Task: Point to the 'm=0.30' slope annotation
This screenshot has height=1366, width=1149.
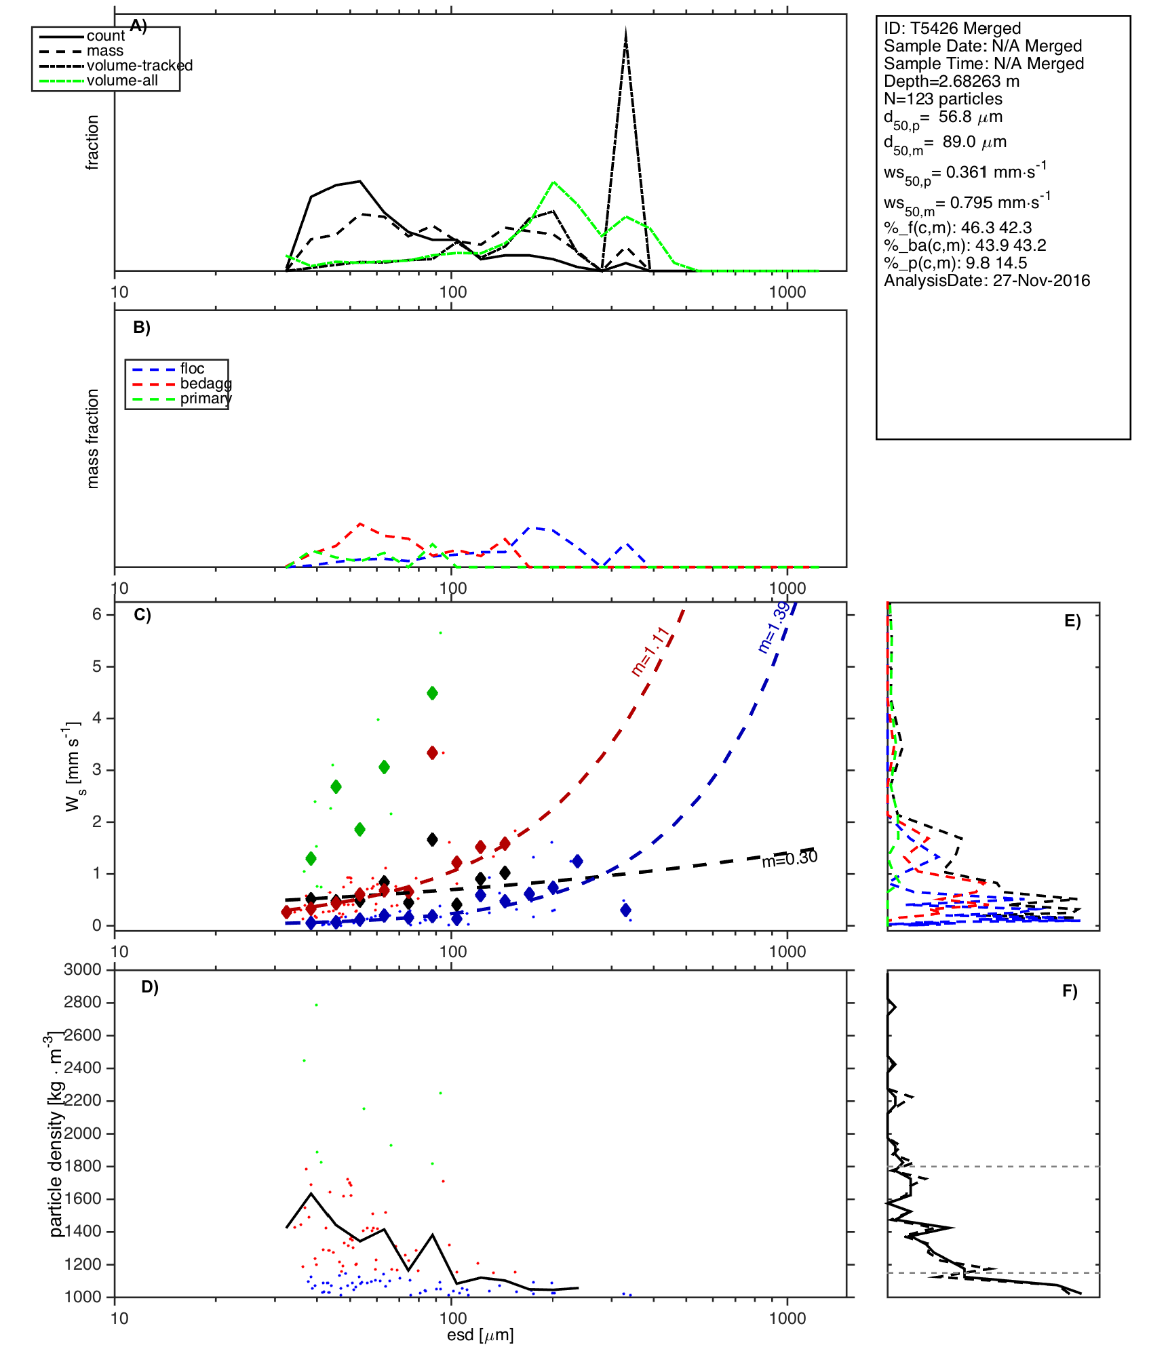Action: [x=790, y=859]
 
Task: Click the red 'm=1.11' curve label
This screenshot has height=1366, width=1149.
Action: [x=650, y=651]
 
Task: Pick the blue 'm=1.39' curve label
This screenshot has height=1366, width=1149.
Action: [x=773, y=627]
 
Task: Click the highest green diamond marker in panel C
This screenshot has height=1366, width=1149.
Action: [x=432, y=693]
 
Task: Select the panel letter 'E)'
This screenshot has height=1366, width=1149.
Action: [x=1072, y=621]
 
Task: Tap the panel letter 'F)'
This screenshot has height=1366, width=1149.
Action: [x=1070, y=991]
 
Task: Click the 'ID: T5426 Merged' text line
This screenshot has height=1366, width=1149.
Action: [x=952, y=28]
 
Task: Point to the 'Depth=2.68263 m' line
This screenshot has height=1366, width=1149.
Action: [x=951, y=81]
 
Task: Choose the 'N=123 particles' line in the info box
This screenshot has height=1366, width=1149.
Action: [x=943, y=99]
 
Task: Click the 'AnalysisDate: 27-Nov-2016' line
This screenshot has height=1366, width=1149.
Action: [x=986, y=281]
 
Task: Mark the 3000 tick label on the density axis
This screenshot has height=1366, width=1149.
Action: [x=82, y=969]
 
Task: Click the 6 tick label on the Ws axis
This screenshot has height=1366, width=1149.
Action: [x=97, y=614]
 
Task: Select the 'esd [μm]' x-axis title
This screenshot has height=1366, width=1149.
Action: [x=480, y=1335]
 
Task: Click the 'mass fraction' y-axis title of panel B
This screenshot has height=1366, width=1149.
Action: [x=93, y=439]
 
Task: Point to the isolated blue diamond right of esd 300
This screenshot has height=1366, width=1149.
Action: [x=625, y=910]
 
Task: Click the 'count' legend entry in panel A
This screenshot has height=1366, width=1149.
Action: [x=105, y=36]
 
